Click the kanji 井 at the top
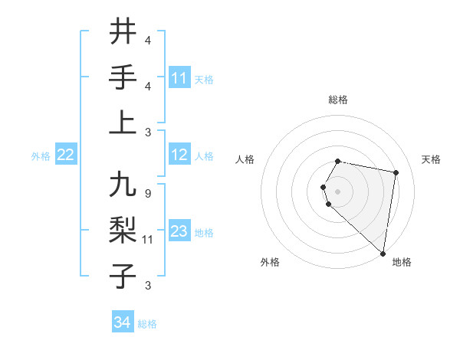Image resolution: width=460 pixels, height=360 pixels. pyautogui.click(x=123, y=33)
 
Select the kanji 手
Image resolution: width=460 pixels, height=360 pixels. pyautogui.click(x=123, y=77)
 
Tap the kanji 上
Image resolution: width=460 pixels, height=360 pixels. pyautogui.click(x=123, y=123)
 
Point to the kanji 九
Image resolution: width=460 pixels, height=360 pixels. pyautogui.click(x=123, y=186)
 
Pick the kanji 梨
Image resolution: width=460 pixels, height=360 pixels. pyautogui.click(x=123, y=231)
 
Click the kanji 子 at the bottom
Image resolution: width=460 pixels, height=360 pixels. pyautogui.click(x=123, y=276)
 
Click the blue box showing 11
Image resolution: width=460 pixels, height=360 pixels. pyautogui.click(x=179, y=78)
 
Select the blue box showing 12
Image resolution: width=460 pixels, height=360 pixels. pyautogui.click(x=179, y=155)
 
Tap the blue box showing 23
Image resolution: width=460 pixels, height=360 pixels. pyautogui.click(x=179, y=232)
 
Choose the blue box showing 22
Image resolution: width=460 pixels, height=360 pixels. pyautogui.click(x=65, y=155)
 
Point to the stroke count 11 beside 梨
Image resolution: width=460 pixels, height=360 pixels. pyautogui.click(x=149, y=239)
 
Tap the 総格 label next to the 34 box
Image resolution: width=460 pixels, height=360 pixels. pyautogui.click(x=147, y=324)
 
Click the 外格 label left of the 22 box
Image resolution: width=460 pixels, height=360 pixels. pyautogui.click(x=41, y=156)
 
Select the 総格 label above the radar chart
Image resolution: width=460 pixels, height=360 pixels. pyautogui.click(x=338, y=100)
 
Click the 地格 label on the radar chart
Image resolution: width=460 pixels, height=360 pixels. pyautogui.click(x=402, y=262)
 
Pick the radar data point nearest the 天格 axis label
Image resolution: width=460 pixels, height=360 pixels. pyautogui.click(x=396, y=173)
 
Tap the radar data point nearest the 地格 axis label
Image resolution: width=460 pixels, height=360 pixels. pyautogui.click(x=383, y=253)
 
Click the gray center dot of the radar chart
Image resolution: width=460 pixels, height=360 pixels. pyautogui.click(x=338, y=190)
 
